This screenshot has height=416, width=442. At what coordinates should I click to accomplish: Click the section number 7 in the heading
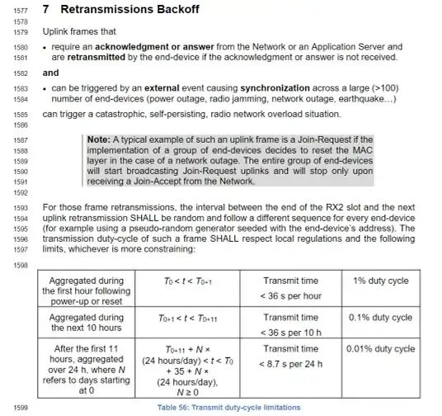[46, 9]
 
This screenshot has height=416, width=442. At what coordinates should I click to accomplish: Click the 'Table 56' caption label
[174, 407]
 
